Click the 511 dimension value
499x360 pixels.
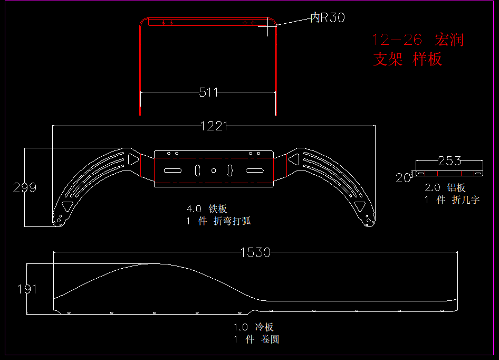pos(208,92)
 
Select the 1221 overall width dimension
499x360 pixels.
pos(214,126)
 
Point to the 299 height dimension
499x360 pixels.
pos(25,187)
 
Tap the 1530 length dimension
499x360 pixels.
pos(255,252)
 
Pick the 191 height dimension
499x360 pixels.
pos(27,289)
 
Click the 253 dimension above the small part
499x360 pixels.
pos(449,160)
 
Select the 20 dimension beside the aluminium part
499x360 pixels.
pos(403,178)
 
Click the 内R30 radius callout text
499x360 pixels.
pos(328,18)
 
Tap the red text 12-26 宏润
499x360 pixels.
pos(418,40)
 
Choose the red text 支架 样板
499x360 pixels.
pos(407,59)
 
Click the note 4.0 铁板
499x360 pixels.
pos(207,209)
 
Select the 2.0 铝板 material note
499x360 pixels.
pos(445,187)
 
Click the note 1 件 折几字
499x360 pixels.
pos(452,200)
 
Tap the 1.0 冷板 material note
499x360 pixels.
pos(254,327)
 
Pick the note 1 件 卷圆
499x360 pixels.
pos(256,339)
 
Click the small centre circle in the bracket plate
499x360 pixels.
pos(214,170)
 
